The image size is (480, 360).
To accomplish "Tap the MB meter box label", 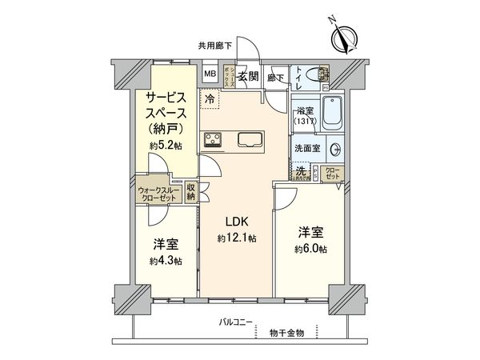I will (210, 74).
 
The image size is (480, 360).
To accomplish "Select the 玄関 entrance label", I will (248, 77).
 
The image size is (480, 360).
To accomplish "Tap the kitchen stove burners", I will (214, 141).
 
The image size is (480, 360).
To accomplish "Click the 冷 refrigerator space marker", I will (210, 99).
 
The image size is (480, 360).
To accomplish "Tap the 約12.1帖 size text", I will (237, 238).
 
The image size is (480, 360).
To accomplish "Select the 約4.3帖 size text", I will (166, 261).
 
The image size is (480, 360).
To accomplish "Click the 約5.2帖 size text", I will (166, 146).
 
